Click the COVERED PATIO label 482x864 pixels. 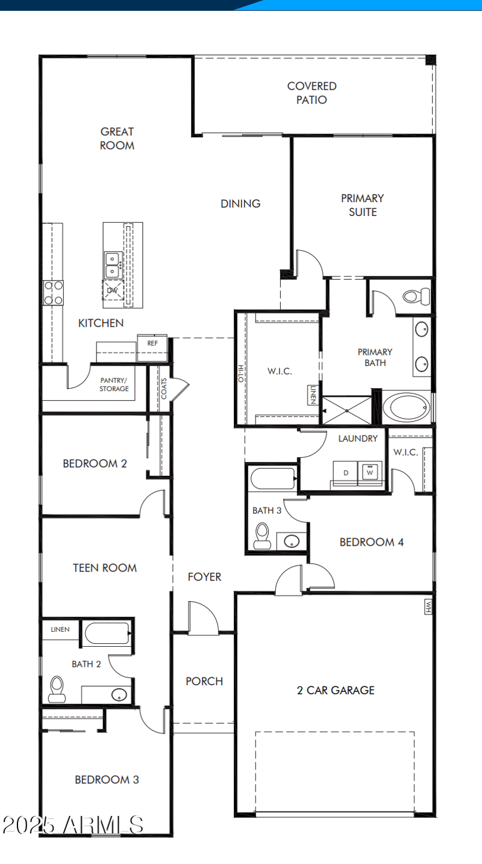coord(311,93)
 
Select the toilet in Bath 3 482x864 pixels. coord(262,535)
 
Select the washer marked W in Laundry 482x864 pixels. coord(370,472)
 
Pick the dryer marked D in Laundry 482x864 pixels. coord(346,472)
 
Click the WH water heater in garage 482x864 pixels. coord(428,606)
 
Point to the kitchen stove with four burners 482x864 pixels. coord(53,293)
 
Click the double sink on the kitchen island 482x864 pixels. coord(113,265)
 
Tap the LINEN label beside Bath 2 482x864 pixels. coord(60,630)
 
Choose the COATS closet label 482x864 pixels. coord(164,389)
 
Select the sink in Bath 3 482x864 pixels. coord(290,540)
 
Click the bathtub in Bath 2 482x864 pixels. coord(107,634)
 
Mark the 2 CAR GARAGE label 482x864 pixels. coord(336,690)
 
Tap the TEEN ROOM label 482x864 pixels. coord(105,567)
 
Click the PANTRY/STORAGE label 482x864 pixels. coord(114,384)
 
